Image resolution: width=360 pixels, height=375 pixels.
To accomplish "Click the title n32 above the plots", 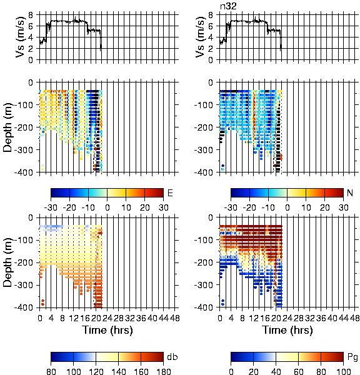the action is [228, 6].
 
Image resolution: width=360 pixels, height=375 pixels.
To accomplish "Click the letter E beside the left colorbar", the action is [170, 192].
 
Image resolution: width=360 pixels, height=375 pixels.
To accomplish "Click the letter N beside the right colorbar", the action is [350, 192].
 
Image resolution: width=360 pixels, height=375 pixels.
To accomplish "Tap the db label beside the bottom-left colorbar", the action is [172, 357].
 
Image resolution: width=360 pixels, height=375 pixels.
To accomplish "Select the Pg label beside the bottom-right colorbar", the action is [352, 357].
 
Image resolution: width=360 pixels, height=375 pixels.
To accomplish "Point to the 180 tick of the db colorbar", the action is [163, 371].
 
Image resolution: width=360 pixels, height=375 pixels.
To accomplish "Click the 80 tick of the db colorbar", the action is [51, 371].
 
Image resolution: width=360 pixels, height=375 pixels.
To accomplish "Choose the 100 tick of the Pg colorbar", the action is [344, 371].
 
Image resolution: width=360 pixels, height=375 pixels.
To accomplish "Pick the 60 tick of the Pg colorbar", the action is [298, 371].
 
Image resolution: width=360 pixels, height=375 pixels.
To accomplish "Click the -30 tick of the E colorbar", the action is [51, 207].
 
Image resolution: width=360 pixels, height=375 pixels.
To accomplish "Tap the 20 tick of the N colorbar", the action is [324, 207].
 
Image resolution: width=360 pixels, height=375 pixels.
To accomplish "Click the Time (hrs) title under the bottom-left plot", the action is [107, 330].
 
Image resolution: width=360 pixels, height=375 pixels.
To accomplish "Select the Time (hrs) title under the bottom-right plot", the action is [287, 330].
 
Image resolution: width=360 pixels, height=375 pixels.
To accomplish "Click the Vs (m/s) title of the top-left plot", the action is [21, 37].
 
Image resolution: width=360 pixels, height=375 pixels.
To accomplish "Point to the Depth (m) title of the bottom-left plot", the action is [7, 262].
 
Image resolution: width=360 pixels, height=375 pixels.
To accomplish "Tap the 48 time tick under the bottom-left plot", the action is [174, 318].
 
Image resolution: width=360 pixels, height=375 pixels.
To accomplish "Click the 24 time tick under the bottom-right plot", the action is [287, 318].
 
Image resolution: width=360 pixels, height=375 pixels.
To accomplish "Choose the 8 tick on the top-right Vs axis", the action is [211, 15].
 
